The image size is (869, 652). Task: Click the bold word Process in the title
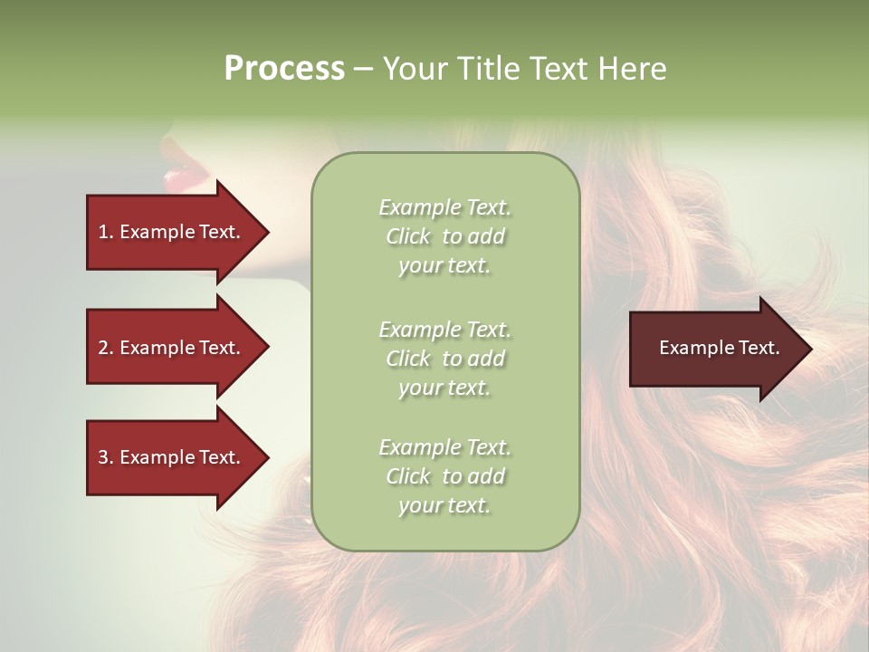(284, 69)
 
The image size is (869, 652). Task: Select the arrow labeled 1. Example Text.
(172, 232)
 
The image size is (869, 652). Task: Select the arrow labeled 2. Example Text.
(172, 348)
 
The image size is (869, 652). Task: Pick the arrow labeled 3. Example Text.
(172, 457)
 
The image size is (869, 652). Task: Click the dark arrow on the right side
(715, 349)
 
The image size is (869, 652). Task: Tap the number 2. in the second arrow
(106, 348)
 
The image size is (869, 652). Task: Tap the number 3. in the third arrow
(106, 457)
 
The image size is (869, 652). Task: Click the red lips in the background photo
(184, 176)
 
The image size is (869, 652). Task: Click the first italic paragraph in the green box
(444, 236)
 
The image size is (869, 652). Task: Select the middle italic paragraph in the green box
(444, 359)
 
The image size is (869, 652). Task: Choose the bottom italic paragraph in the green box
(444, 476)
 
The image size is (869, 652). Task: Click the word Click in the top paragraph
(408, 236)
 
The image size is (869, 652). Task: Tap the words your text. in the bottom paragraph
(444, 505)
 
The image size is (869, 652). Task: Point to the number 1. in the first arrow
(106, 232)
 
